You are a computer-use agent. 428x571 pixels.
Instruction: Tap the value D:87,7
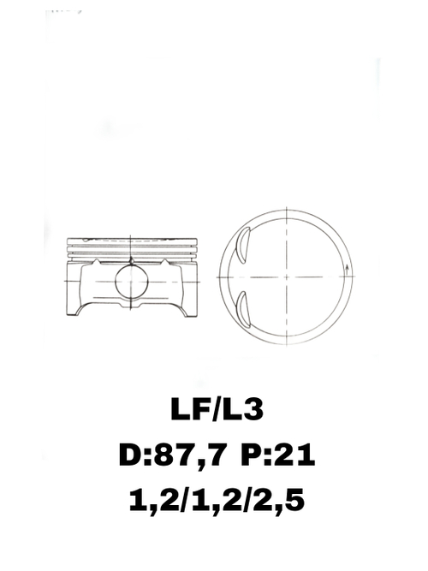(170, 455)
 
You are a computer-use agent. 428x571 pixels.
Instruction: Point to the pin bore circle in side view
(131, 281)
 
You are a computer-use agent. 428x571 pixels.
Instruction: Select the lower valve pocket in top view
(242, 310)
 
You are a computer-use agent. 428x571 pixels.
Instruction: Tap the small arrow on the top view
(347, 271)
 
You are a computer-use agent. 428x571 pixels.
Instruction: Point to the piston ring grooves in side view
(131, 248)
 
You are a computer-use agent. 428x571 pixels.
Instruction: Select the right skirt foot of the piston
(187, 310)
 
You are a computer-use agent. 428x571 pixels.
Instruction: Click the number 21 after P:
(296, 455)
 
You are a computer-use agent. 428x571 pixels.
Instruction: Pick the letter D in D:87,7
(131, 455)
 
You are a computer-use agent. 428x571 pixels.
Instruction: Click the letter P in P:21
(253, 455)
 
